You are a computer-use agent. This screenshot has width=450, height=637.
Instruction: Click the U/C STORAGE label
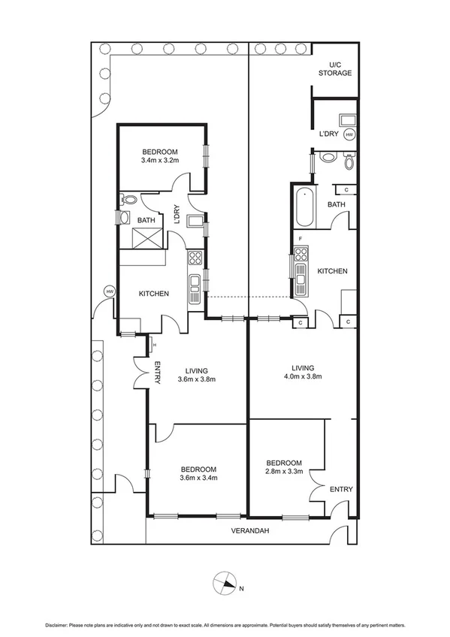334,69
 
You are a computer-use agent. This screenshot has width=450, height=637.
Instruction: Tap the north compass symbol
225,583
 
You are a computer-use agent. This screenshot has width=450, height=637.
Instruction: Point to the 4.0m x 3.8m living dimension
303,377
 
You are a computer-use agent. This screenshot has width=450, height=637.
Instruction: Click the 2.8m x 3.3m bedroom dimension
284,472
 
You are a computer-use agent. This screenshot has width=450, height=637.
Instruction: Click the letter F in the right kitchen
301,238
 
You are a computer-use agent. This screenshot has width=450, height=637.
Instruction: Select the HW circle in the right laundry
349,135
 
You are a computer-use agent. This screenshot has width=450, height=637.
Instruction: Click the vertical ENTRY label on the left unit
158,373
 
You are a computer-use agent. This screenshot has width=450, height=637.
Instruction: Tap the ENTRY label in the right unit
340,489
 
